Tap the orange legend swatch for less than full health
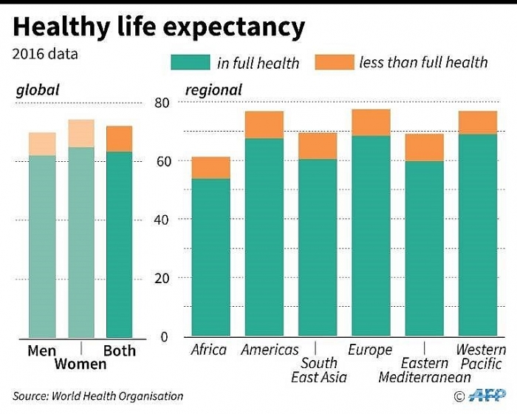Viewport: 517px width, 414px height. (334, 61)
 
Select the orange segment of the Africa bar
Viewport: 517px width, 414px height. (210, 168)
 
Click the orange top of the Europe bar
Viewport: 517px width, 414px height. (371, 123)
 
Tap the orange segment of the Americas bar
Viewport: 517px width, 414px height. (264, 125)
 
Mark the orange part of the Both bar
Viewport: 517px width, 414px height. (119, 139)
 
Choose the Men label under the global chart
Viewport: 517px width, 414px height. (42, 350)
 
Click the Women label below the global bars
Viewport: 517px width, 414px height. (81, 364)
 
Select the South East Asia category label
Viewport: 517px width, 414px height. (318, 370)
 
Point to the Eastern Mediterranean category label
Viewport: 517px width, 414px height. (425, 370)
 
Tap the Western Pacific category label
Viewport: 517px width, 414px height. (481, 357)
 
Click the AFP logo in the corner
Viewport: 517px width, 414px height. (490, 396)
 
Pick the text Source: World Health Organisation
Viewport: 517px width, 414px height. (99, 396)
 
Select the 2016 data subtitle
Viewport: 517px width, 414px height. (45, 53)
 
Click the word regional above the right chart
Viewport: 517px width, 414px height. (213, 90)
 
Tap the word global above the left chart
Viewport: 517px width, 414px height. (38, 90)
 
